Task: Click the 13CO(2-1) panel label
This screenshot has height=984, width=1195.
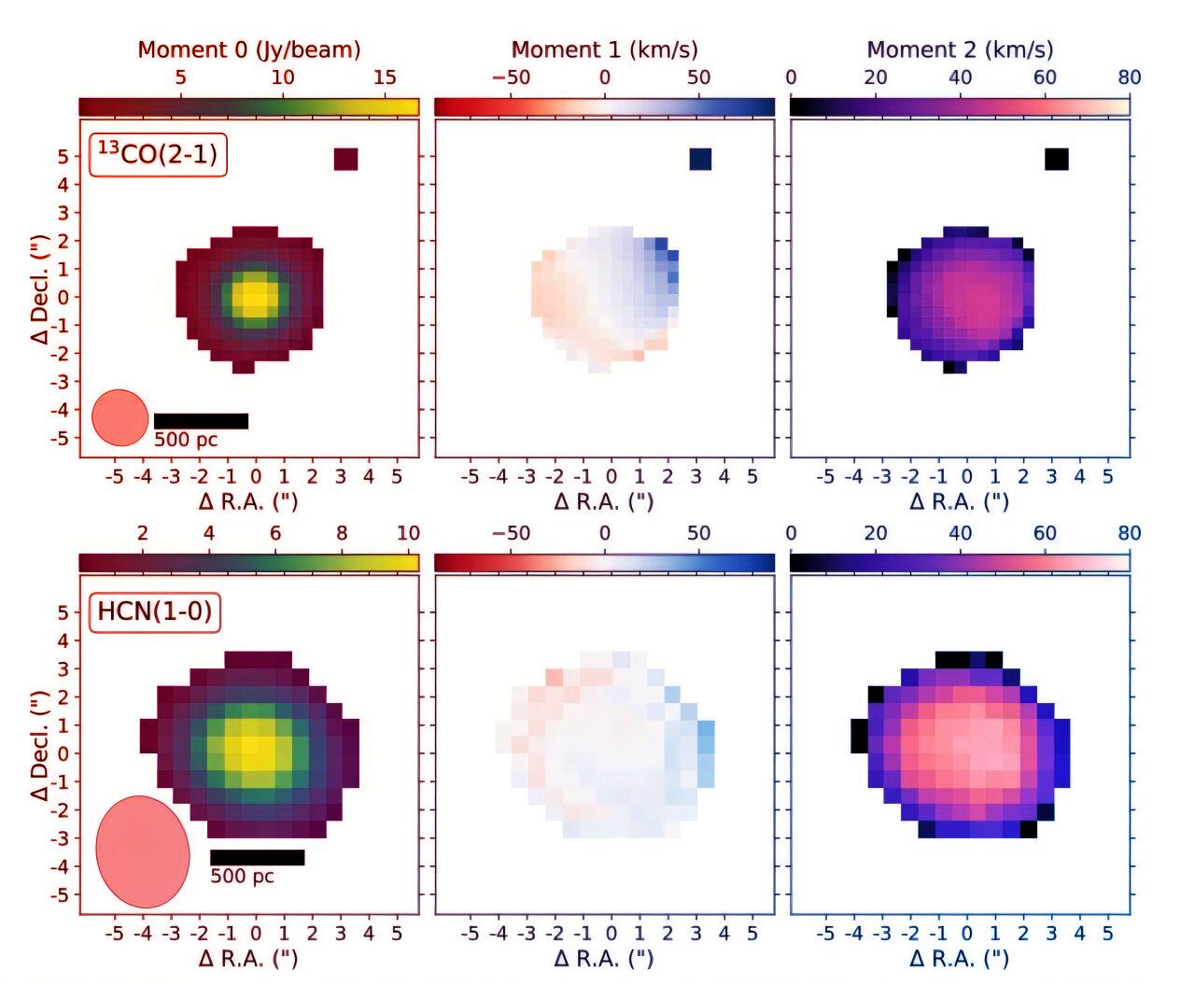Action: click(x=158, y=154)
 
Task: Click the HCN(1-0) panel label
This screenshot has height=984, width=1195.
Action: click(x=155, y=612)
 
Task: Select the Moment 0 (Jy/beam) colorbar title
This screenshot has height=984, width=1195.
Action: click(x=248, y=49)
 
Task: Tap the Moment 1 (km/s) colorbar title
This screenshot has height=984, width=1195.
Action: click(x=604, y=49)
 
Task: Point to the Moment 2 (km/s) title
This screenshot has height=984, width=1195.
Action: click(x=960, y=49)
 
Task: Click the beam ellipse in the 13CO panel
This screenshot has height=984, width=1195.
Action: click(x=120, y=417)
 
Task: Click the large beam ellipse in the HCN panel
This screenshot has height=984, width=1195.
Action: click(x=143, y=851)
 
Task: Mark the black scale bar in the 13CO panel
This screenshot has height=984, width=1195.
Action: click(x=201, y=421)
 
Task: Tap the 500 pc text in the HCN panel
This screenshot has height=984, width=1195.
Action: click(x=242, y=877)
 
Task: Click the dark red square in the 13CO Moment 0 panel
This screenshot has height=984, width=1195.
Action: click(x=345, y=160)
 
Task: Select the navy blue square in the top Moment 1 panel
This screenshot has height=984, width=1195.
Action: click(x=700, y=160)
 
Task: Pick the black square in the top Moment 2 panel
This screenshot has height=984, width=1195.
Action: click(x=1057, y=160)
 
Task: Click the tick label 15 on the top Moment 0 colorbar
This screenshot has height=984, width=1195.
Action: click(x=385, y=77)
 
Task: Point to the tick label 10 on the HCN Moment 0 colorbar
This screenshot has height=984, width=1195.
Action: click(x=408, y=533)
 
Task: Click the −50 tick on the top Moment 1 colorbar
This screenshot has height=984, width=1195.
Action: click(x=511, y=77)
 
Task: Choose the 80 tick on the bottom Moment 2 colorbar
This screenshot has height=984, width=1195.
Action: click(x=1129, y=533)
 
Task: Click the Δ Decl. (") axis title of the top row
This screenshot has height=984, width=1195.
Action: click(x=40, y=289)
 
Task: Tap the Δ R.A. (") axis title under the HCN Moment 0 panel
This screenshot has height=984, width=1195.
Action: click(x=248, y=958)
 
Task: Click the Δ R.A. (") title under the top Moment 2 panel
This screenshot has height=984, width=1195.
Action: click(x=960, y=501)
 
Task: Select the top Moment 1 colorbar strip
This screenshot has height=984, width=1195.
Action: click(x=604, y=107)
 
